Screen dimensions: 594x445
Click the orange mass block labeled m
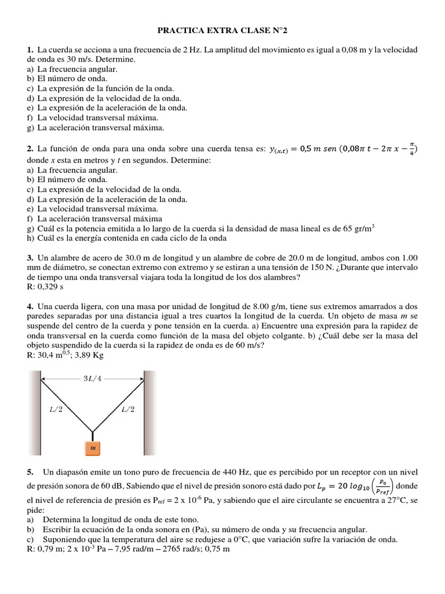[x=93, y=448]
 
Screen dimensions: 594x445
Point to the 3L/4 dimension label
[x=93, y=379]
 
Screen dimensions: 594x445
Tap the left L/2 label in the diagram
[x=56, y=410]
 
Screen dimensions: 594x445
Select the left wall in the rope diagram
[x=34, y=413]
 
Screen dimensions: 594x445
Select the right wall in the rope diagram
[x=150, y=413]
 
